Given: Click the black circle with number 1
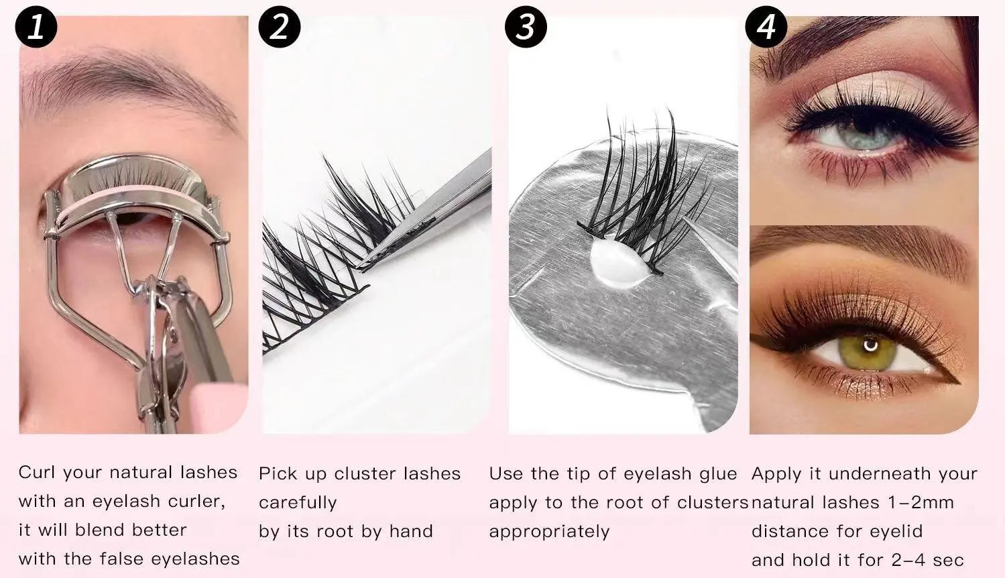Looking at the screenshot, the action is [x=36, y=27].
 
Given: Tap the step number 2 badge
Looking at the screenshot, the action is [x=280, y=27].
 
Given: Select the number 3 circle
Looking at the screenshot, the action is [x=526, y=27].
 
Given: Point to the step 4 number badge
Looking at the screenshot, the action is [x=766, y=27].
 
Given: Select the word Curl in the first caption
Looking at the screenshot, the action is [x=38, y=472].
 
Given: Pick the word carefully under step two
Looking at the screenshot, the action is [x=298, y=503].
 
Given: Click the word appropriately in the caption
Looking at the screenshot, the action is [x=550, y=532].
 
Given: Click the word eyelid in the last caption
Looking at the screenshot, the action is [x=896, y=531].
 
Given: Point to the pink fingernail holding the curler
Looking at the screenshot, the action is [x=219, y=406].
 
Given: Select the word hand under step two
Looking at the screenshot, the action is [x=411, y=531].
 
